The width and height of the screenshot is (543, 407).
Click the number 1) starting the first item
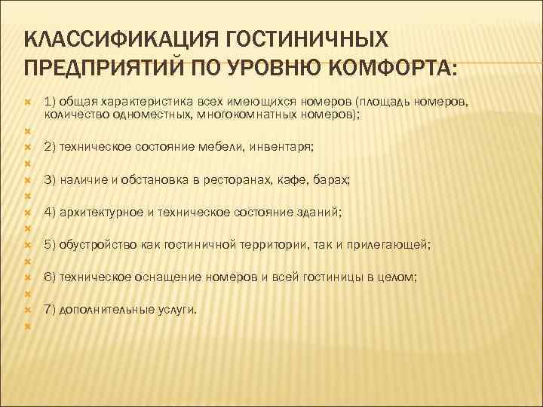[51, 100]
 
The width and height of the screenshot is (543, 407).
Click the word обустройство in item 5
[93, 245]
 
